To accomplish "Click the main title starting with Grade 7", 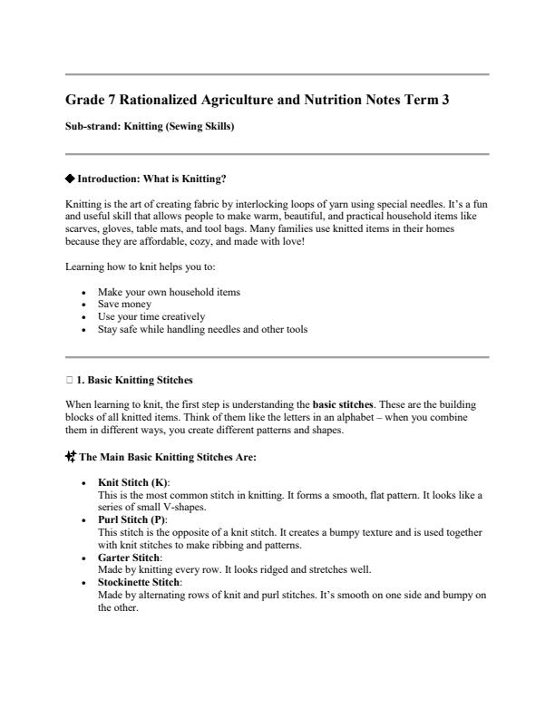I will coord(258,102).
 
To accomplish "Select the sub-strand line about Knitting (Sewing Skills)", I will coord(150,127).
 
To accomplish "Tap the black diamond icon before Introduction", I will coord(71,179).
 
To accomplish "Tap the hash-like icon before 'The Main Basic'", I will coord(72,457).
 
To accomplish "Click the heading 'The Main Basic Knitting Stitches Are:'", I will coord(168,458).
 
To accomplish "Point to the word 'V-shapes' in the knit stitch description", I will coord(186,508).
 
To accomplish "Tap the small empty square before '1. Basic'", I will coord(70,379).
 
